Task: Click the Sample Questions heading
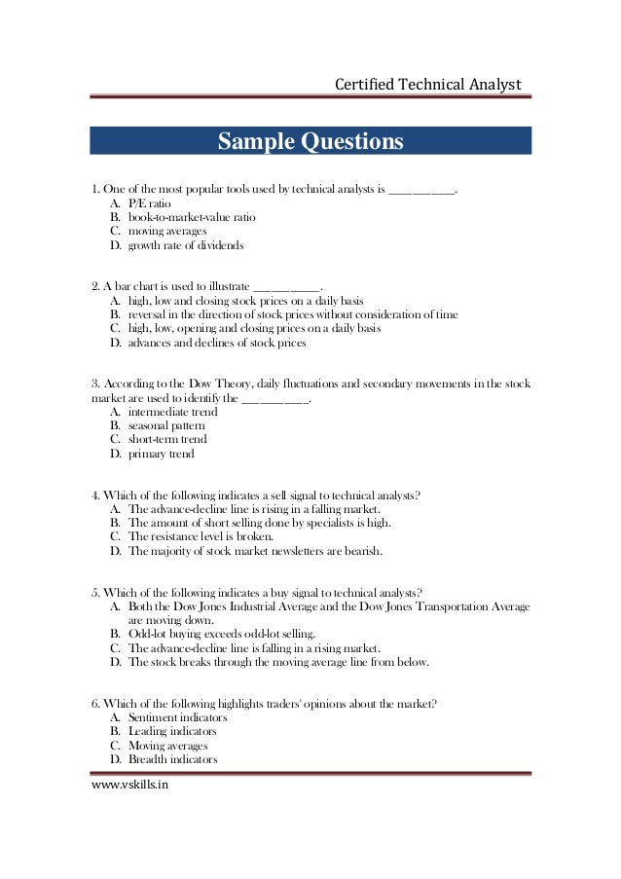coord(310,142)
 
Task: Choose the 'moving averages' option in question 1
coord(166,232)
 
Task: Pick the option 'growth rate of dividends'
coord(186,246)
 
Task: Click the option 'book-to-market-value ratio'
coord(192,218)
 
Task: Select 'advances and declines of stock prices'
coord(217,343)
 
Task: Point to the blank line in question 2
coord(285,286)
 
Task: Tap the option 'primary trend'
coord(161,454)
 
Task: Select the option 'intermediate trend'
coord(172,412)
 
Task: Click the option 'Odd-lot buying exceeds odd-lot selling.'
coord(229,634)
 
